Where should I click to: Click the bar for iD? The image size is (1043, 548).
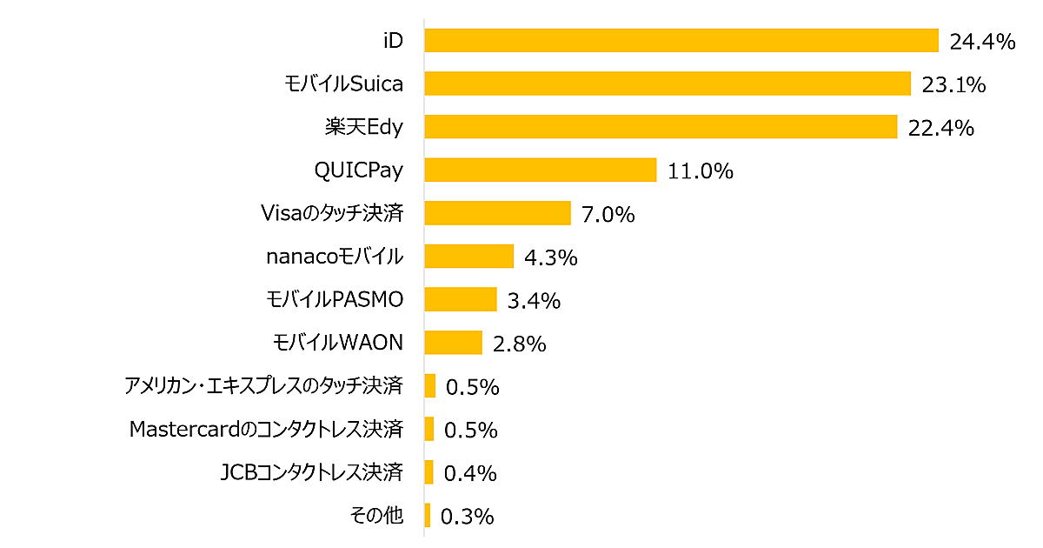coord(681,41)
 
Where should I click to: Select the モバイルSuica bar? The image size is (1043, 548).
coord(668,84)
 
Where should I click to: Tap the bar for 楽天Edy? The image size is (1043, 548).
coord(661,127)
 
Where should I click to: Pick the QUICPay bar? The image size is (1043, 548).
coord(540,170)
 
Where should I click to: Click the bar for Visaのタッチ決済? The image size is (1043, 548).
coord(497,213)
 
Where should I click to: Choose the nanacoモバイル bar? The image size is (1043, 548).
coord(469,257)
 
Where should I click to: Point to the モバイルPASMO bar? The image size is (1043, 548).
coord(460,299)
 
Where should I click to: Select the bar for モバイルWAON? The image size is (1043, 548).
coord(453,343)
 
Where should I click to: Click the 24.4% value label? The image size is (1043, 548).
coord(983,42)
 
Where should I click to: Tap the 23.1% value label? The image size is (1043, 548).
coord(954,85)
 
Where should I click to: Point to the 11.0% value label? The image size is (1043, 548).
coord(701,171)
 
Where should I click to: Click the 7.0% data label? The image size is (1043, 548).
coord(608,215)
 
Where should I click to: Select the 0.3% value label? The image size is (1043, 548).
coord(468,517)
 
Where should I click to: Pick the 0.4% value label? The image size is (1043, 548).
coord(470,473)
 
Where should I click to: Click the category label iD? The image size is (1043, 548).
coord(393,41)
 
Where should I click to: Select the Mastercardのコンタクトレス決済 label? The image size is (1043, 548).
coord(266,429)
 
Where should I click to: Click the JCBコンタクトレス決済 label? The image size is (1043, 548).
coord(312,472)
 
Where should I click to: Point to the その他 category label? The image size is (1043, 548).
coord(376,516)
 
